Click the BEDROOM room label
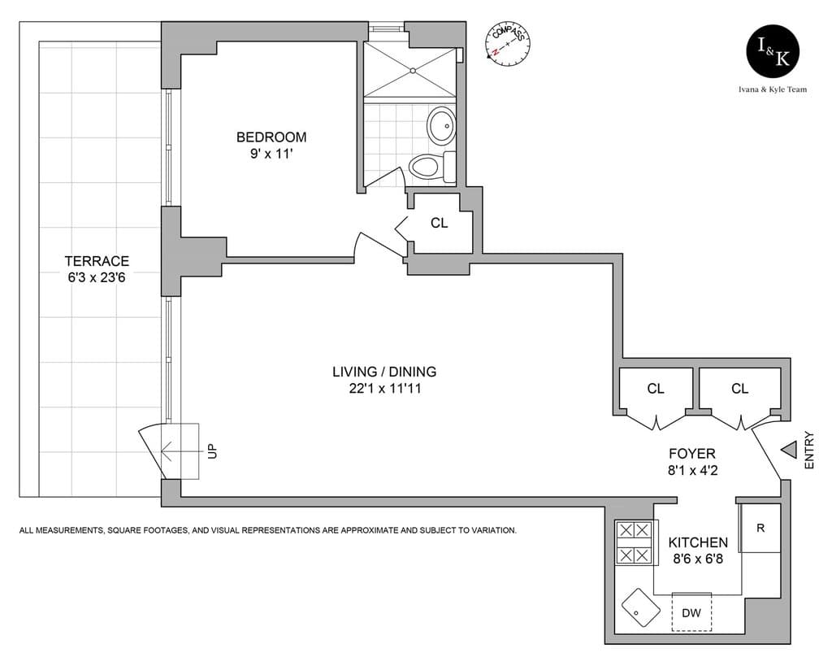click(x=271, y=137)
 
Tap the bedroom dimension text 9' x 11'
click(x=271, y=153)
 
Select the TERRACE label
click(x=97, y=261)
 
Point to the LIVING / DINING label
click(x=383, y=372)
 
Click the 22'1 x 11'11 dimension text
click(x=383, y=389)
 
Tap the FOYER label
click(x=691, y=453)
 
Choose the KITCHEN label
click(x=698, y=542)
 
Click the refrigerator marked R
click(x=760, y=528)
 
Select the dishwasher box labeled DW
click(x=691, y=612)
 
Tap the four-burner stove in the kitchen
click(x=634, y=542)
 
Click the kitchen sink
click(x=641, y=607)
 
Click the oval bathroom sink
click(x=442, y=124)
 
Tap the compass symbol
click(x=508, y=42)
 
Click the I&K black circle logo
click(x=773, y=50)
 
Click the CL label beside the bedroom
click(x=439, y=223)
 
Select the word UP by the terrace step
click(x=213, y=451)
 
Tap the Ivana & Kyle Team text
click(x=772, y=89)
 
